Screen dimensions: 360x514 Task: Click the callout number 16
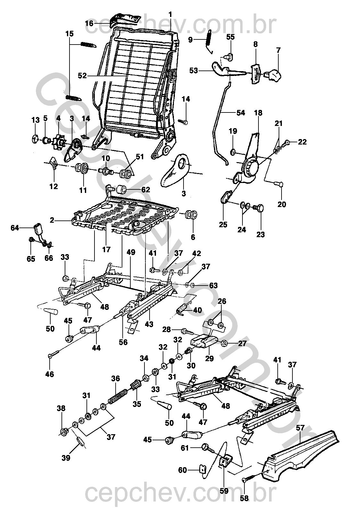point(89,23)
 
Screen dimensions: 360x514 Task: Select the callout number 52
point(82,76)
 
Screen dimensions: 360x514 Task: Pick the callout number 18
point(258,113)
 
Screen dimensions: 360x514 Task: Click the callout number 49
point(131,252)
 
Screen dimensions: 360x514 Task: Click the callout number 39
point(66,458)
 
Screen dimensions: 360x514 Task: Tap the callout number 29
point(209,358)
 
